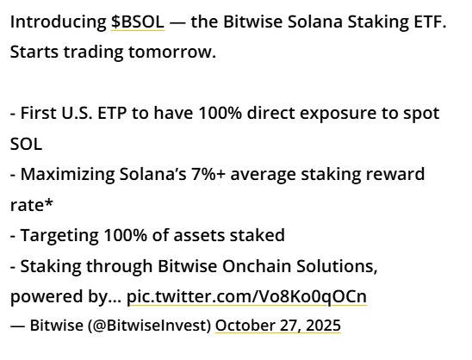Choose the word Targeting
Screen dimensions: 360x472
coord(58,235)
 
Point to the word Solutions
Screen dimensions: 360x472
coord(336,266)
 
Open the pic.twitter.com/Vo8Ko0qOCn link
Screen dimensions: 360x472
coord(246,297)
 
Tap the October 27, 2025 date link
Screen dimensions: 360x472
coord(278,326)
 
